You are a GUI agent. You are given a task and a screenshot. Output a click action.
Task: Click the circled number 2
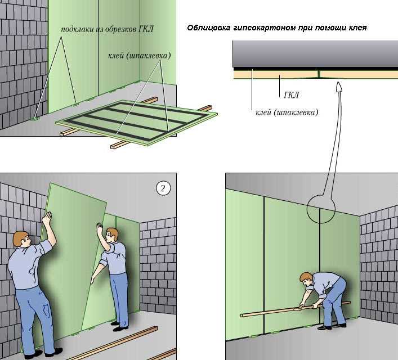163,188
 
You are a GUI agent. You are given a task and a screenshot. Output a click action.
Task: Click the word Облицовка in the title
209,28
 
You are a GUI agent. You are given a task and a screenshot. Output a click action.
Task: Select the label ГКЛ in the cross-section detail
291,95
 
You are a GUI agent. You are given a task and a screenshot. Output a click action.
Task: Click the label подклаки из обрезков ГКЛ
107,29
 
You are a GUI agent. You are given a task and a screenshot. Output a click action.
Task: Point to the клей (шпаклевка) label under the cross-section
287,112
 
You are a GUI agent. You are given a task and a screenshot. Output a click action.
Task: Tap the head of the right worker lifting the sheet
111,236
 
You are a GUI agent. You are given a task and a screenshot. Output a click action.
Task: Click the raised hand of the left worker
47,218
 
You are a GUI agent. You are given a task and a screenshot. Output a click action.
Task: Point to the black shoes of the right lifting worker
119,326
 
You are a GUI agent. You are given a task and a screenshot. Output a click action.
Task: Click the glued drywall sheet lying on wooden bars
137,123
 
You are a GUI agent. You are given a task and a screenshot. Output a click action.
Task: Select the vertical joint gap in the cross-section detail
319,73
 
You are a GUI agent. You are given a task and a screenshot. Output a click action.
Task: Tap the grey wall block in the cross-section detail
315,53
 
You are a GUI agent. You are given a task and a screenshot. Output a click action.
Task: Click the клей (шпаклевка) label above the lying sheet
140,56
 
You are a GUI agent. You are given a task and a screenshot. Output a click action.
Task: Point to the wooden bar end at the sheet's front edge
114,146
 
